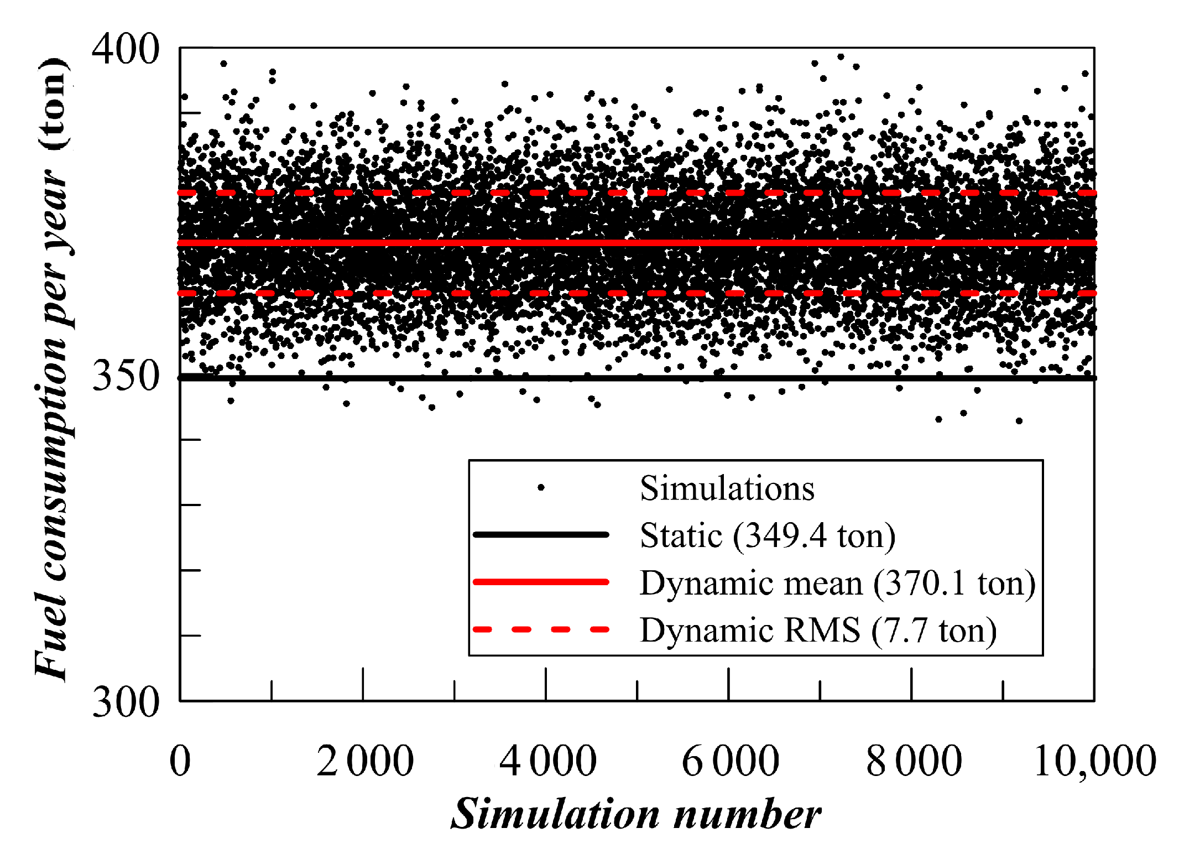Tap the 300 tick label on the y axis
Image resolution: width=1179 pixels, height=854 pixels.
pyautogui.click(x=125, y=702)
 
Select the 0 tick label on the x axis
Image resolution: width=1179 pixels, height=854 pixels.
pyautogui.click(x=180, y=762)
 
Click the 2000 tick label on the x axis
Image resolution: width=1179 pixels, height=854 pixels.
pyautogui.click(x=365, y=762)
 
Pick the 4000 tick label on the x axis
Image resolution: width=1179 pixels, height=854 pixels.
pyautogui.click(x=547, y=762)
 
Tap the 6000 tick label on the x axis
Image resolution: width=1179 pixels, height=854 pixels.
pyautogui.click(x=730, y=762)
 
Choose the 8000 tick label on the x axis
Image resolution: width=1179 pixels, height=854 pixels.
pyautogui.click(x=914, y=762)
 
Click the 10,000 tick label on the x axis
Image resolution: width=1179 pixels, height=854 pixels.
pyautogui.click(x=1094, y=762)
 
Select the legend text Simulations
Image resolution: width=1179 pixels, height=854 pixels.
pyautogui.click(x=727, y=488)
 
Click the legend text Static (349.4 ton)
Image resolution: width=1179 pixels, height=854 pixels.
pyautogui.click(x=767, y=535)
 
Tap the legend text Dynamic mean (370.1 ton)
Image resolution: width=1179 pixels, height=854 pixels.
pyautogui.click(x=837, y=583)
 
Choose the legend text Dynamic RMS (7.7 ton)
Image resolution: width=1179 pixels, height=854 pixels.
pyautogui.click(x=818, y=631)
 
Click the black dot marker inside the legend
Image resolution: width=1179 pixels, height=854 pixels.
pyautogui.click(x=541, y=488)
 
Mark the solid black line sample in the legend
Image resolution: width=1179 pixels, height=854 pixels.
pyautogui.click(x=541, y=535)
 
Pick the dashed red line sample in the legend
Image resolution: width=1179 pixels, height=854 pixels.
pyautogui.click(x=541, y=629)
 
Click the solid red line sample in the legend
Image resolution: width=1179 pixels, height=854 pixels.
pyautogui.click(x=541, y=582)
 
